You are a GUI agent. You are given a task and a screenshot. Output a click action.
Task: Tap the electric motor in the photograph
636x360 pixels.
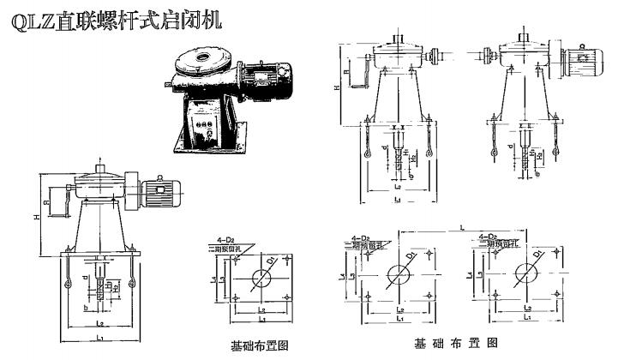[261, 80]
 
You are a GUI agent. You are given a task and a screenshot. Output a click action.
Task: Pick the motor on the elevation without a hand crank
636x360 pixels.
[580, 60]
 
